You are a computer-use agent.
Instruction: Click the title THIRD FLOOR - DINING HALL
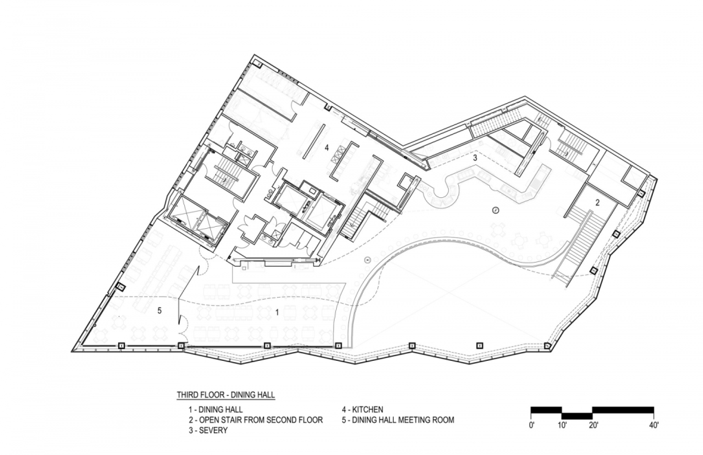[x=225, y=395]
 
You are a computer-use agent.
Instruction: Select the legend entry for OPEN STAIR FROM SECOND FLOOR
[x=256, y=420]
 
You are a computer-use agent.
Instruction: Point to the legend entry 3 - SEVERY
[x=208, y=431]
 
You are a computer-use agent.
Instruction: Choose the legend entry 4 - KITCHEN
[x=362, y=409]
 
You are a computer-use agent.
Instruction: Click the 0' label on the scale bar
[x=533, y=424]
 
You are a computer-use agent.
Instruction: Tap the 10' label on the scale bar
[x=562, y=424]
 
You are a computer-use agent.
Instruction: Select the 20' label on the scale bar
[x=593, y=424]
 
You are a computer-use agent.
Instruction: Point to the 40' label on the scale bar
[x=654, y=424]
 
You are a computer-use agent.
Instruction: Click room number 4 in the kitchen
[x=327, y=147]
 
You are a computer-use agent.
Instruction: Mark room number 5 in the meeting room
[x=159, y=310]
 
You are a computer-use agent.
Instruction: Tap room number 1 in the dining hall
[x=277, y=313]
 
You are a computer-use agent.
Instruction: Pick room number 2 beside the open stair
[x=597, y=203]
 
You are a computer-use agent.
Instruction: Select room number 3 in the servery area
[x=476, y=158]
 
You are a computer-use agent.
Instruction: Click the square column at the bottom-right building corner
[x=548, y=346]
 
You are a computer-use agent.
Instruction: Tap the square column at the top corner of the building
[x=257, y=63]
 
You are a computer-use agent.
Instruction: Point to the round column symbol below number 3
[x=496, y=210]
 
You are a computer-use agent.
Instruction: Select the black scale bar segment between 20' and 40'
[x=623, y=410]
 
